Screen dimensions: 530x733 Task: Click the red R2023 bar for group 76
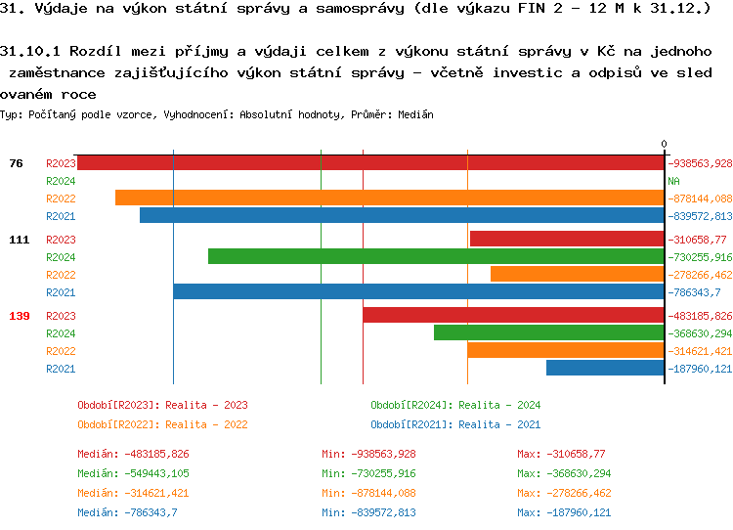point(370,163)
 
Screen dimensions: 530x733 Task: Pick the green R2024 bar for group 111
point(436,256)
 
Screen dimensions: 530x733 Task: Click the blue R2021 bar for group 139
point(605,368)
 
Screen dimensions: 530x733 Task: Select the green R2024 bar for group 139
point(548,332)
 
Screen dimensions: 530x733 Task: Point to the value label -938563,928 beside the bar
point(700,163)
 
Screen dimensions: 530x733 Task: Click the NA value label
point(673,181)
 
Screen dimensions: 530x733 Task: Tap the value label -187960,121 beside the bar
point(700,369)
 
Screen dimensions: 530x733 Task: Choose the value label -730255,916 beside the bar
point(700,257)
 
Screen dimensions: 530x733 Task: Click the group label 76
point(16,163)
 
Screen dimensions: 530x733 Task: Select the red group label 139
point(19,316)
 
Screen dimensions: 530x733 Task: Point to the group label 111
point(19,240)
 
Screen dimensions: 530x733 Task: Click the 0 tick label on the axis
point(664,145)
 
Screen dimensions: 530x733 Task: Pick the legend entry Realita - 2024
point(455,405)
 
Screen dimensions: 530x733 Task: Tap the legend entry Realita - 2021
point(455,424)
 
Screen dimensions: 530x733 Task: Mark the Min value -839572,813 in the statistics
point(368,512)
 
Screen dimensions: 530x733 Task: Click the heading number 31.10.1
point(30,50)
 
